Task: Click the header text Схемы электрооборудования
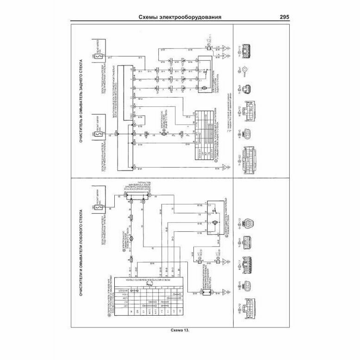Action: [179, 18]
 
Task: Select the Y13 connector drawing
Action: [244, 50]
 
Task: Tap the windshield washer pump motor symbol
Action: [131, 238]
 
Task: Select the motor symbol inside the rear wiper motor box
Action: [203, 87]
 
